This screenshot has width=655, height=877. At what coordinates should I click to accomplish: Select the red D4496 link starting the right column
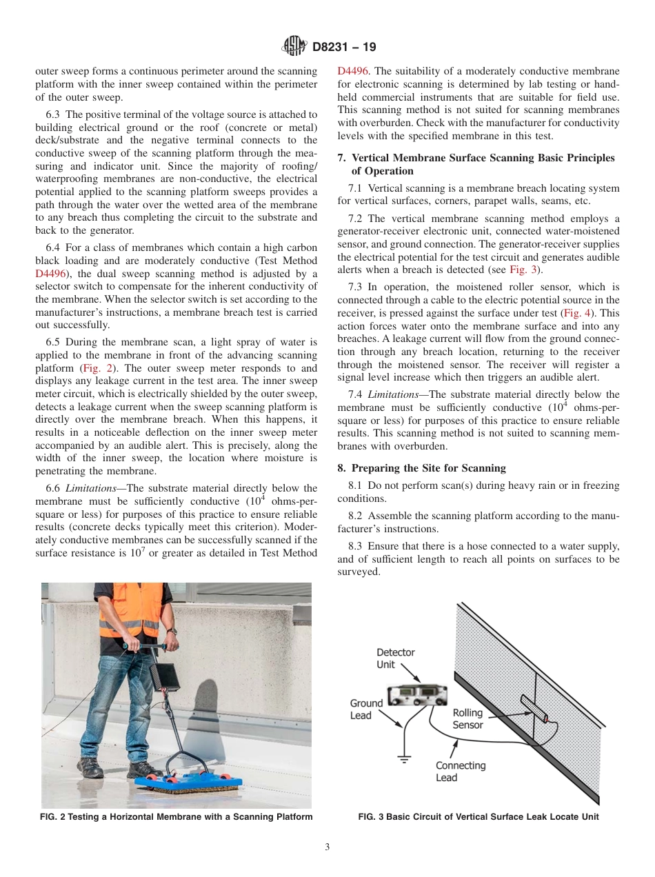tap(353, 70)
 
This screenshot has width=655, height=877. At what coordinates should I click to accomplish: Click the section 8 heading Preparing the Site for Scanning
tap(421, 467)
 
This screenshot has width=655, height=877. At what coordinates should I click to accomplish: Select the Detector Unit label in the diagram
tap(395, 658)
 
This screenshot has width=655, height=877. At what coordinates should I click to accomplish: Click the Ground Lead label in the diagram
tap(366, 709)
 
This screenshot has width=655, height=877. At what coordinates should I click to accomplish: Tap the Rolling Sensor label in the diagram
tap(467, 718)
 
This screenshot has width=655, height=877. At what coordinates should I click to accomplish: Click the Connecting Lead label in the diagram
tap(460, 772)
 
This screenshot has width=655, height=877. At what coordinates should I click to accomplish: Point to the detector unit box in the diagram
tap(417, 695)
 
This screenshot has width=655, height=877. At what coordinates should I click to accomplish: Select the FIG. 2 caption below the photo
tap(177, 817)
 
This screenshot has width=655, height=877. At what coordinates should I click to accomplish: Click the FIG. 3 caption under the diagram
tap(478, 817)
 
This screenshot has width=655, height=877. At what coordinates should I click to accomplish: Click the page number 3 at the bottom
tap(327, 847)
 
